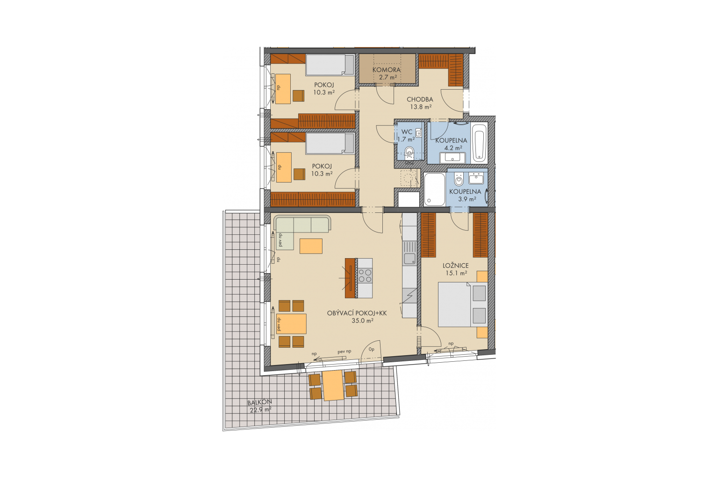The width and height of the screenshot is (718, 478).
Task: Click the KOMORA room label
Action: pyautogui.click(x=386, y=70)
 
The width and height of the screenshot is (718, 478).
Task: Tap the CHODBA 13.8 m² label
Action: pyautogui.click(x=420, y=103)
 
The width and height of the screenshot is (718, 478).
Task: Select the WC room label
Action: pyautogui.click(x=407, y=132)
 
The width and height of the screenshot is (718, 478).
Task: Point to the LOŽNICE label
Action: pyautogui.click(x=455, y=266)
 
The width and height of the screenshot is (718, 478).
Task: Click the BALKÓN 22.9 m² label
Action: pyautogui.click(x=259, y=405)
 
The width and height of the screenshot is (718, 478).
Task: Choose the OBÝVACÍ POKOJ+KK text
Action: pyautogui.click(x=357, y=313)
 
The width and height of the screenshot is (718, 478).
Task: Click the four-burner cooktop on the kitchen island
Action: pyautogui.click(x=365, y=276)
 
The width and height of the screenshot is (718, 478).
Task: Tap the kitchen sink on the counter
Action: pyautogui.click(x=409, y=258)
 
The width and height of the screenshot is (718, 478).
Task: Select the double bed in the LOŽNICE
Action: pyautogui.click(x=462, y=304)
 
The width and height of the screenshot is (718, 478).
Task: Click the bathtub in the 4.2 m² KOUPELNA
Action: pyautogui.click(x=480, y=142)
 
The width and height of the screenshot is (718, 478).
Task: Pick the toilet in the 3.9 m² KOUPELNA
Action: pyautogui.click(x=459, y=180)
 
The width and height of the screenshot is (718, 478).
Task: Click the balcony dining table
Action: pyautogui.click(x=333, y=385)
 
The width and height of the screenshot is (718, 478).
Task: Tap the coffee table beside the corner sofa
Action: pyautogui.click(x=311, y=246)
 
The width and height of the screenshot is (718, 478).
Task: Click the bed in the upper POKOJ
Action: pyautogui.click(x=330, y=65)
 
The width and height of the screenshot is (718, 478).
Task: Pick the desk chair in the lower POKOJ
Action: pyautogui.click(x=299, y=174)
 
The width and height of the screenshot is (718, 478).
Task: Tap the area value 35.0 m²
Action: pyautogui.click(x=363, y=321)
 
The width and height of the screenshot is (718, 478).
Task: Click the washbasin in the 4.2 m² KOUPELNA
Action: pyautogui.click(x=452, y=157)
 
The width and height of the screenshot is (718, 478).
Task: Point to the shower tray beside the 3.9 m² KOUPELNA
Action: pyautogui.click(x=434, y=190)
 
